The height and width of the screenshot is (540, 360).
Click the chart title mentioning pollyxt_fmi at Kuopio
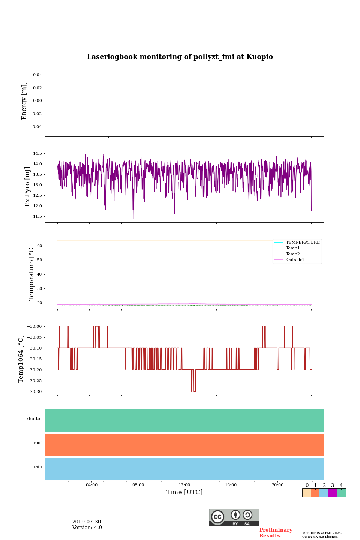tap(180, 57)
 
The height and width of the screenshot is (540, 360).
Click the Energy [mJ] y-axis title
tap(24, 101)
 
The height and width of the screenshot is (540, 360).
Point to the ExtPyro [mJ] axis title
tap(27, 187)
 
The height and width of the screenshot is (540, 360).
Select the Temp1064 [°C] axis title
tap(21, 359)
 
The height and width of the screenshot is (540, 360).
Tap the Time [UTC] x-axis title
tap(184, 492)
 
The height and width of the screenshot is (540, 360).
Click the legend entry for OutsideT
tap(295, 259)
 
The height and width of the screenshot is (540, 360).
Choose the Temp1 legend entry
tap(293, 248)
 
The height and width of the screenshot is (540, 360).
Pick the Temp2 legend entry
tap(293, 254)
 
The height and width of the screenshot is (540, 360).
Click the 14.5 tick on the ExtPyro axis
tap(37, 154)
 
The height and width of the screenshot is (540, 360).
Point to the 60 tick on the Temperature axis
tap(39, 246)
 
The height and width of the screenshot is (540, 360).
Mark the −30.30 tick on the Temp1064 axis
tap(34, 391)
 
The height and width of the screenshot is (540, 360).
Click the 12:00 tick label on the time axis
tap(184, 485)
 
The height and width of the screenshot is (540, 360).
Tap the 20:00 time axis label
tap(277, 485)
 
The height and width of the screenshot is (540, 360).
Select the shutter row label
tap(34, 418)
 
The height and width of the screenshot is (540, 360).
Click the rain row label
tap(38, 466)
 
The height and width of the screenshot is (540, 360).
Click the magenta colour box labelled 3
tap(332, 493)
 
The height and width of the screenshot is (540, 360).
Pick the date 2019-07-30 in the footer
tap(87, 522)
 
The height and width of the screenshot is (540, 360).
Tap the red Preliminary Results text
tap(276, 533)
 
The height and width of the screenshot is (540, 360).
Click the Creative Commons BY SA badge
tap(234, 517)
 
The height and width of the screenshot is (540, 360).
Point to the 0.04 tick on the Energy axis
tap(37, 75)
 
